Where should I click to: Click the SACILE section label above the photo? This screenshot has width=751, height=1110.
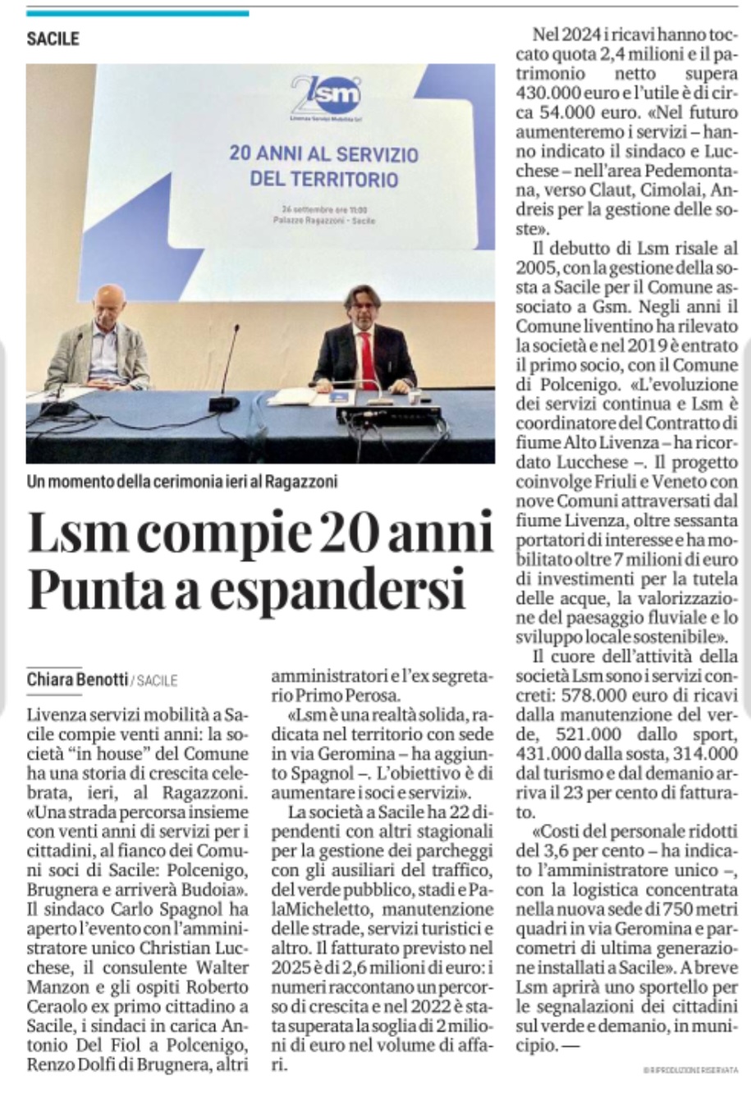53,39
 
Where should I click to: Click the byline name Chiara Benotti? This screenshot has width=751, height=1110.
77,679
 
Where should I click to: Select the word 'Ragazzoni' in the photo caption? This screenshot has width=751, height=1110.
300,482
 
